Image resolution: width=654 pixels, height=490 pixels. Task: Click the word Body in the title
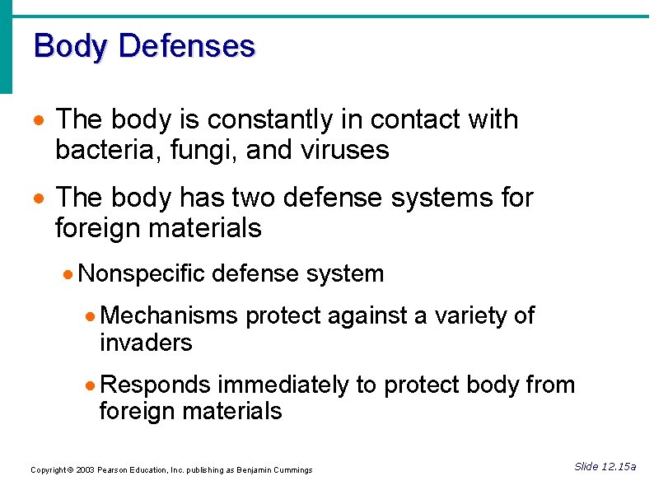coord(71,45)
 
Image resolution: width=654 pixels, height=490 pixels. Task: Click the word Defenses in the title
coord(186,45)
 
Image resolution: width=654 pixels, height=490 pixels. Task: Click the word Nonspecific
coord(142,274)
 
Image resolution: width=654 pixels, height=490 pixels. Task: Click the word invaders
coord(146,343)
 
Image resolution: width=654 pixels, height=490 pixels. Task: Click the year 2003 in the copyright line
coord(84,470)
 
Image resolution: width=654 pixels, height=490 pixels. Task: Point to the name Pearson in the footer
coord(114,470)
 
